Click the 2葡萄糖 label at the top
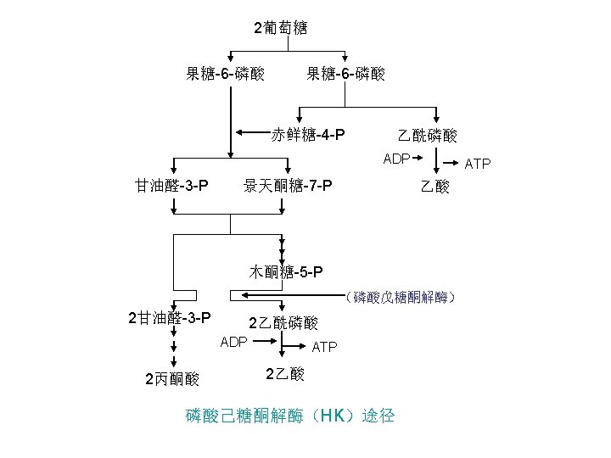pyautogui.click(x=280, y=28)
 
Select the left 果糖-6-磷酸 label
pyautogui.click(x=225, y=75)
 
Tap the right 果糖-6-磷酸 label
pyautogui.click(x=345, y=75)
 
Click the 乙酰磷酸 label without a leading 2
pyautogui.click(x=428, y=135)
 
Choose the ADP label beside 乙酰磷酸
pyautogui.click(x=396, y=159)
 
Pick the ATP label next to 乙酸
pyautogui.click(x=477, y=164)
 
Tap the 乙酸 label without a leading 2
pyautogui.click(x=435, y=186)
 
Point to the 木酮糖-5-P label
pyautogui.click(x=286, y=272)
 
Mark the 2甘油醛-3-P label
pyautogui.click(x=169, y=319)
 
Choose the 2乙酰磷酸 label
pyautogui.click(x=283, y=323)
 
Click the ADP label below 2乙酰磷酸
pyautogui.click(x=233, y=343)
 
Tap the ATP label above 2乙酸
pyautogui.click(x=325, y=348)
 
